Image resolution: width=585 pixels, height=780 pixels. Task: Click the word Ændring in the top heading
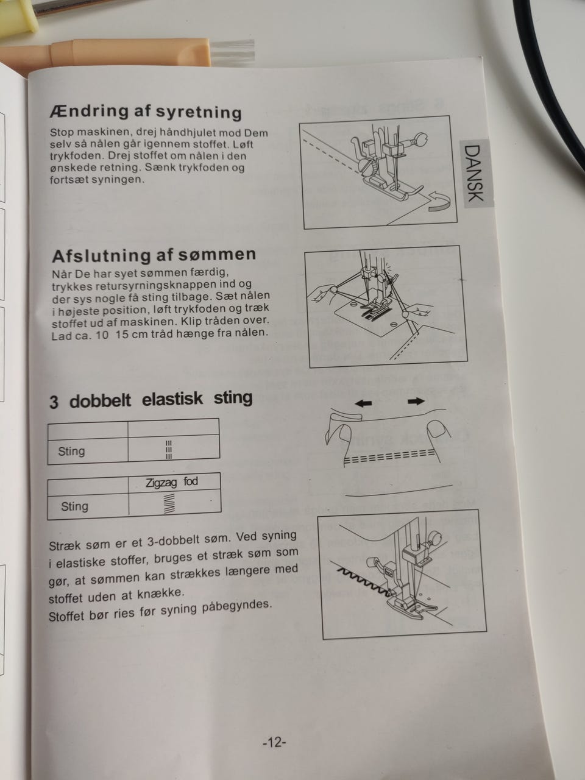point(89,112)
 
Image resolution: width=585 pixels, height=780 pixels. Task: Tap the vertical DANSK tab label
point(474,173)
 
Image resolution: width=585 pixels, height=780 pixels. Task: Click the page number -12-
point(274,742)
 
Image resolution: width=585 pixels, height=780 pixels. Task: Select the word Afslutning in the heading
point(101,256)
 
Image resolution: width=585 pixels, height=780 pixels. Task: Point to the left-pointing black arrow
point(363,403)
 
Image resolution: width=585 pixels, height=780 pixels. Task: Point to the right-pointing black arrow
point(416,402)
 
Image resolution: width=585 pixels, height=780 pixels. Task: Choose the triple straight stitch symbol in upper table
point(169,450)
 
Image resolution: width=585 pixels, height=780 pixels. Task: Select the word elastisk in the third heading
point(172,399)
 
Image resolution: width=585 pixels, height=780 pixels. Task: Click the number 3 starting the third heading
point(54,402)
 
